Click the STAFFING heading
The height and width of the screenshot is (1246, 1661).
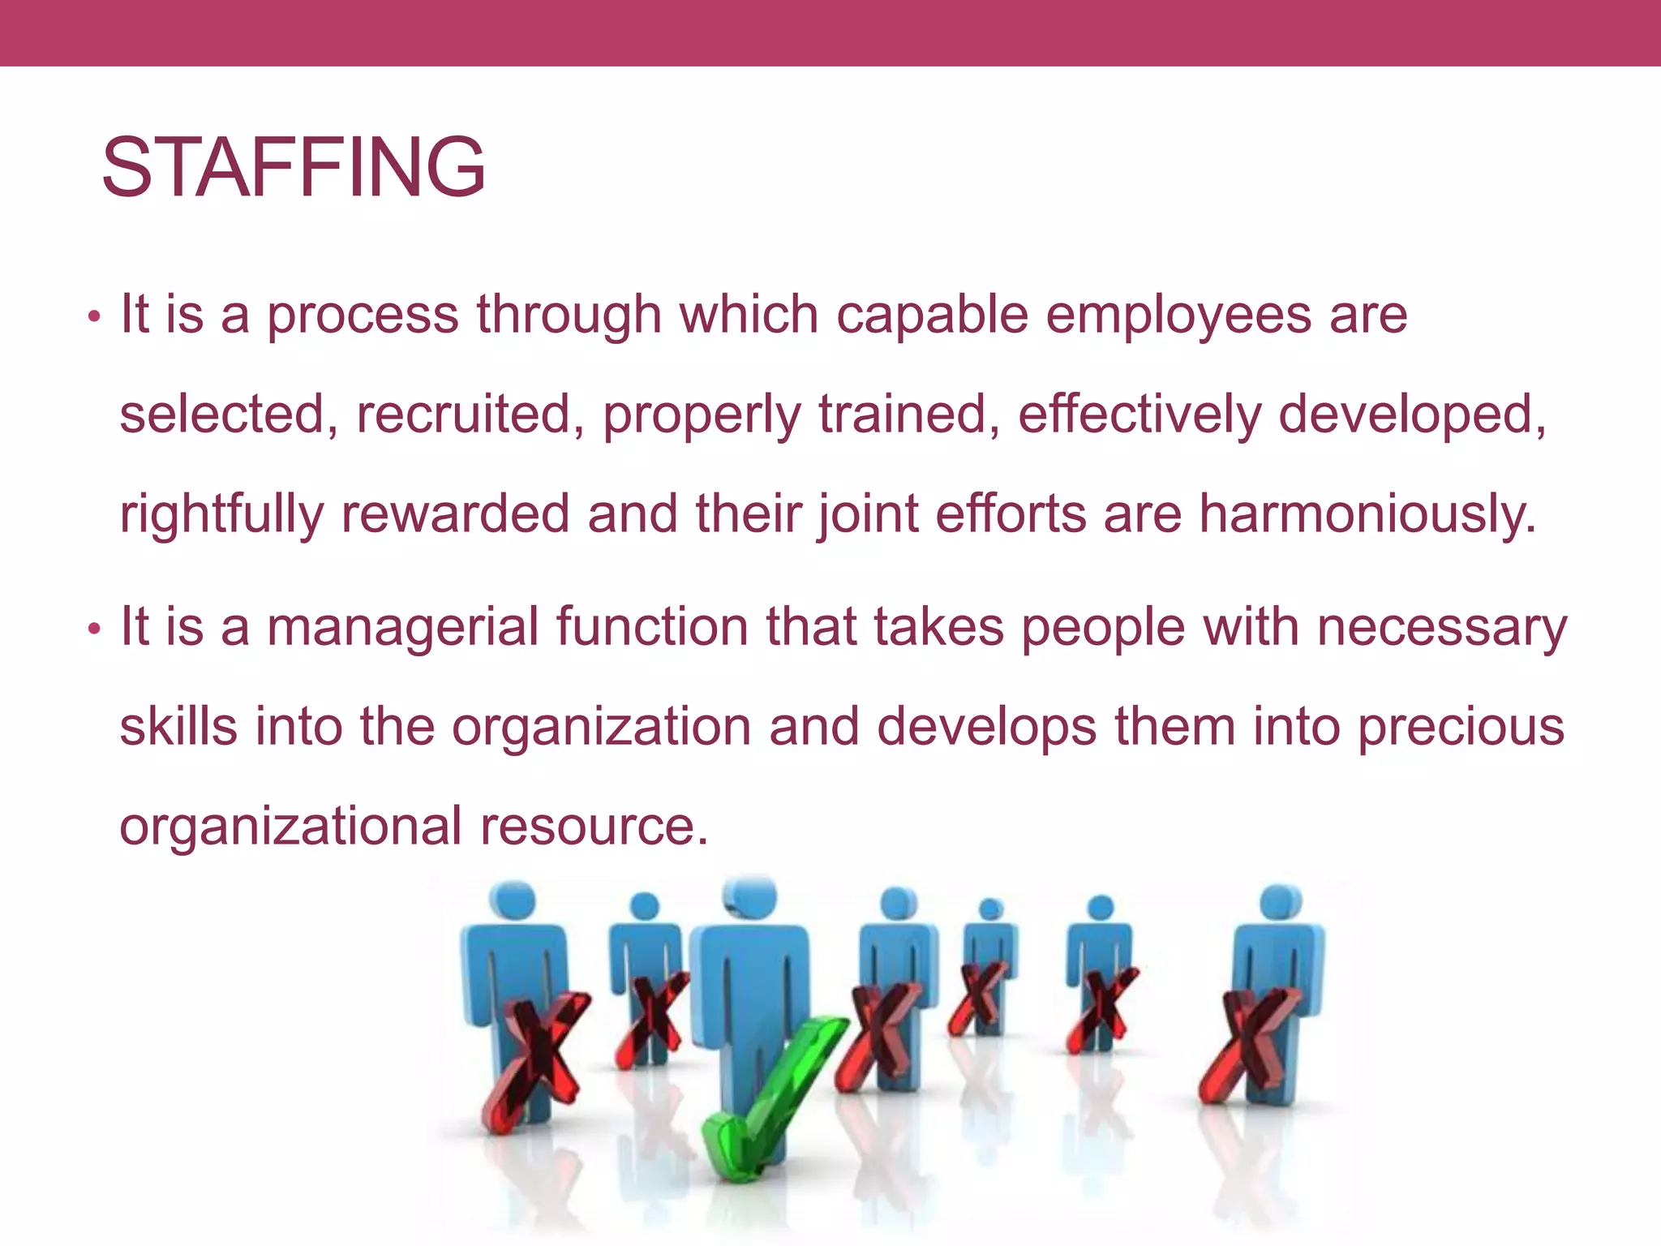coord(293,168)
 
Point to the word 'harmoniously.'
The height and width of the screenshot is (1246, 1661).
coord(1367,514)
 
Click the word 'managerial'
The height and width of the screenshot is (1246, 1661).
coord(402,627)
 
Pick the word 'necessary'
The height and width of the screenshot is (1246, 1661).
coord(1441,627)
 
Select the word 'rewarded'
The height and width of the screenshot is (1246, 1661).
coord(455,514)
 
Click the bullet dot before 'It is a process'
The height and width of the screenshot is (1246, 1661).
coord(94,316)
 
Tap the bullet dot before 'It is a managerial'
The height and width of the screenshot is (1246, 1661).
coord(94,629)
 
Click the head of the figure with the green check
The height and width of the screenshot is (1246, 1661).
coord(750,897)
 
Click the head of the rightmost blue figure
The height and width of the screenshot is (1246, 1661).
coord(1281,902)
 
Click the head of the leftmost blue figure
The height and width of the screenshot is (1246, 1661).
coord(512,900)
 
